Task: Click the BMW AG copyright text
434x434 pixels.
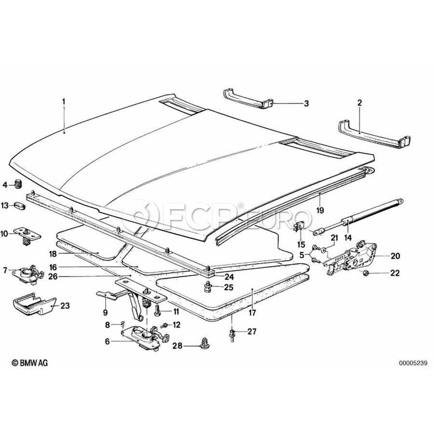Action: (30, 363)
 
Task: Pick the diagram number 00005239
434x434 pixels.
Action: (413, 363)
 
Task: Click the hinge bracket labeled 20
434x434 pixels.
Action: (354, 256)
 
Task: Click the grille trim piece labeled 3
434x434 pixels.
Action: (247, 98)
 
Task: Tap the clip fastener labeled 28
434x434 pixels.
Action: (203, 344)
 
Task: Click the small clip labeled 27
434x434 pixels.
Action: (232, 334)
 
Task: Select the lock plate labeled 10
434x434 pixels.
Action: (27, 233)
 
